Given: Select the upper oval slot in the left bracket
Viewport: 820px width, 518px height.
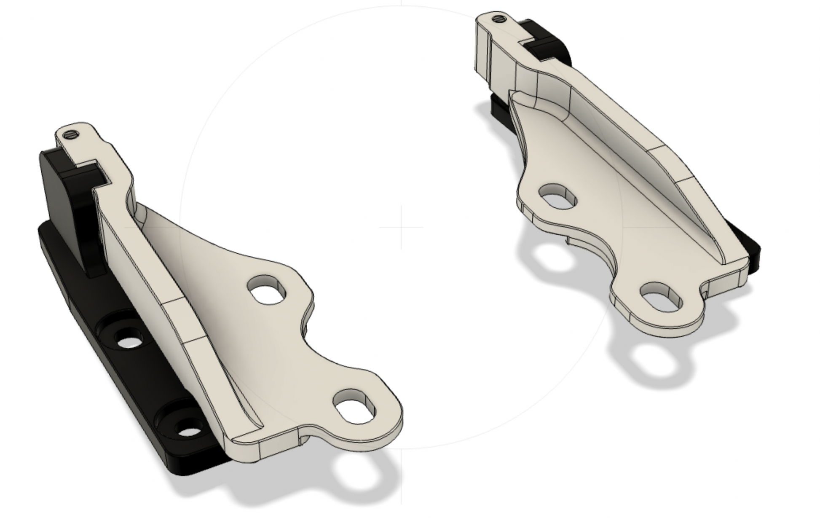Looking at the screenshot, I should tap(267, 290).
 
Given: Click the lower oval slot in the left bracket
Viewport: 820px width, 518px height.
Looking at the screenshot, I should tap(355, 406).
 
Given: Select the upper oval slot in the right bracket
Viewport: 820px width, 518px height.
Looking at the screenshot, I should tap(558, 196).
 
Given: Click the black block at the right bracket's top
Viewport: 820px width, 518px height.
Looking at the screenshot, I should tap(550, 46).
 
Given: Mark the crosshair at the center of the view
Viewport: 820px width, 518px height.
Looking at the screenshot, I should tap(401, 227).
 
